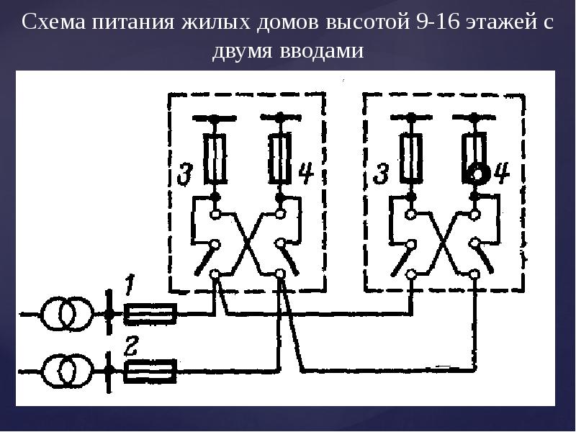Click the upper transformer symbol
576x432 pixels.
point(66,314)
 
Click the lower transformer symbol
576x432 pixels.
point(66,371)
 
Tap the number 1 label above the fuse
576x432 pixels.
point(130,285)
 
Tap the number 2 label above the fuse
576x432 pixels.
point(130,346)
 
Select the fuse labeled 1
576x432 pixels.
point(150,314)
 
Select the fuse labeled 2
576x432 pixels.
point(150,371)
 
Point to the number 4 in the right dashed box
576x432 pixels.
point(500,174)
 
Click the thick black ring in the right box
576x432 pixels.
point(476,174)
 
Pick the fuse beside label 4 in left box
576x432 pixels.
point(280,158)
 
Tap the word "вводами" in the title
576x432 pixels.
point(321,52)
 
